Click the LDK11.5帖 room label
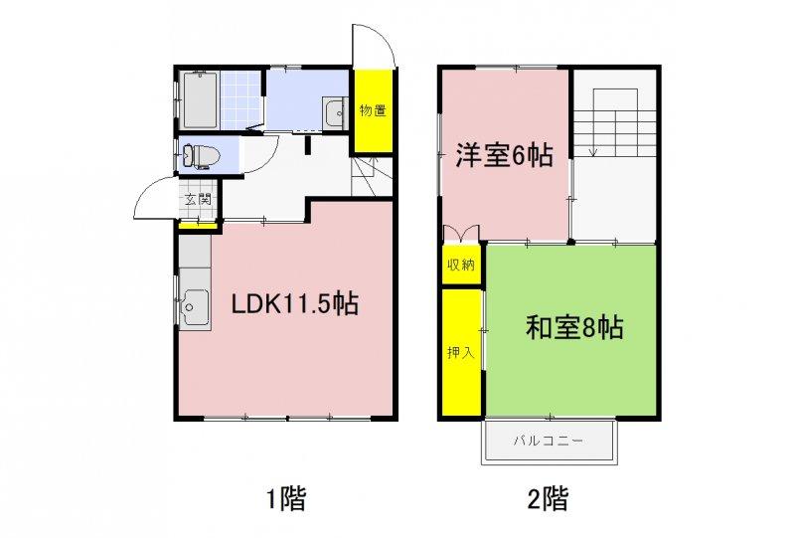point(295,304)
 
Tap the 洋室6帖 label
point(504,155)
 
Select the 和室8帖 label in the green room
point(574,327)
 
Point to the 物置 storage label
point(373,110)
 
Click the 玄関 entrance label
point(197,199)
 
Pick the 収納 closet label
point(461,265)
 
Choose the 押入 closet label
point(461,352)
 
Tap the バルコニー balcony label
point(549,441)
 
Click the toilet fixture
point(201,156)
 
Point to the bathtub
point(201,100)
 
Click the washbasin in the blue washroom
point(334,112)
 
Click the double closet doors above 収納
point(461,233)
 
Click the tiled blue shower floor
point(241,100)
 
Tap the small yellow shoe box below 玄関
point(198,224)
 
